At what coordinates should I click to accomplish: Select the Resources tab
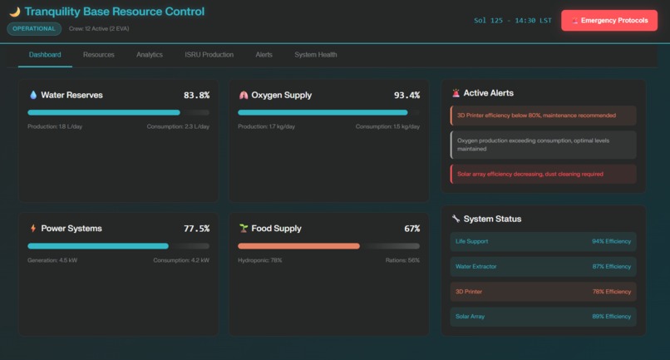(99, 55)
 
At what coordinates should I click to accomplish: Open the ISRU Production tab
(209, 55)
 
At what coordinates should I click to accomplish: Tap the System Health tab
(316, 55)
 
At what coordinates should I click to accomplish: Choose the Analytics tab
(150, 55)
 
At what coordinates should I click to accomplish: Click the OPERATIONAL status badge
(34, 29)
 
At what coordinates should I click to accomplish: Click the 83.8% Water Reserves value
(196, 96)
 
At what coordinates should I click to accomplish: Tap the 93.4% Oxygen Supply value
(406, 96)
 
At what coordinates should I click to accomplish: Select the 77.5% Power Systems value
(196, 229)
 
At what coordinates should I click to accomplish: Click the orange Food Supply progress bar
(298, 246)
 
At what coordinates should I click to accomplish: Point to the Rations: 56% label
(402, 260)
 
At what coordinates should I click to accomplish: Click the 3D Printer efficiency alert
(543, 116)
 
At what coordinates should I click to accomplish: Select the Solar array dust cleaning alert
(543, 174)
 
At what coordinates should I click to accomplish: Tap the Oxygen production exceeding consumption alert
(543, 145)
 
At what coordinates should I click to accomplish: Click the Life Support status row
(543, 241)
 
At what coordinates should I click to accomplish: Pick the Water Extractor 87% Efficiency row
(543, 266)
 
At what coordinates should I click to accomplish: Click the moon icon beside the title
(14, 12)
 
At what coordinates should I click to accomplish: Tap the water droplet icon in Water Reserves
(33, 96)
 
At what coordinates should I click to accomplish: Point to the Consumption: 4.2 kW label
(180, 260)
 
